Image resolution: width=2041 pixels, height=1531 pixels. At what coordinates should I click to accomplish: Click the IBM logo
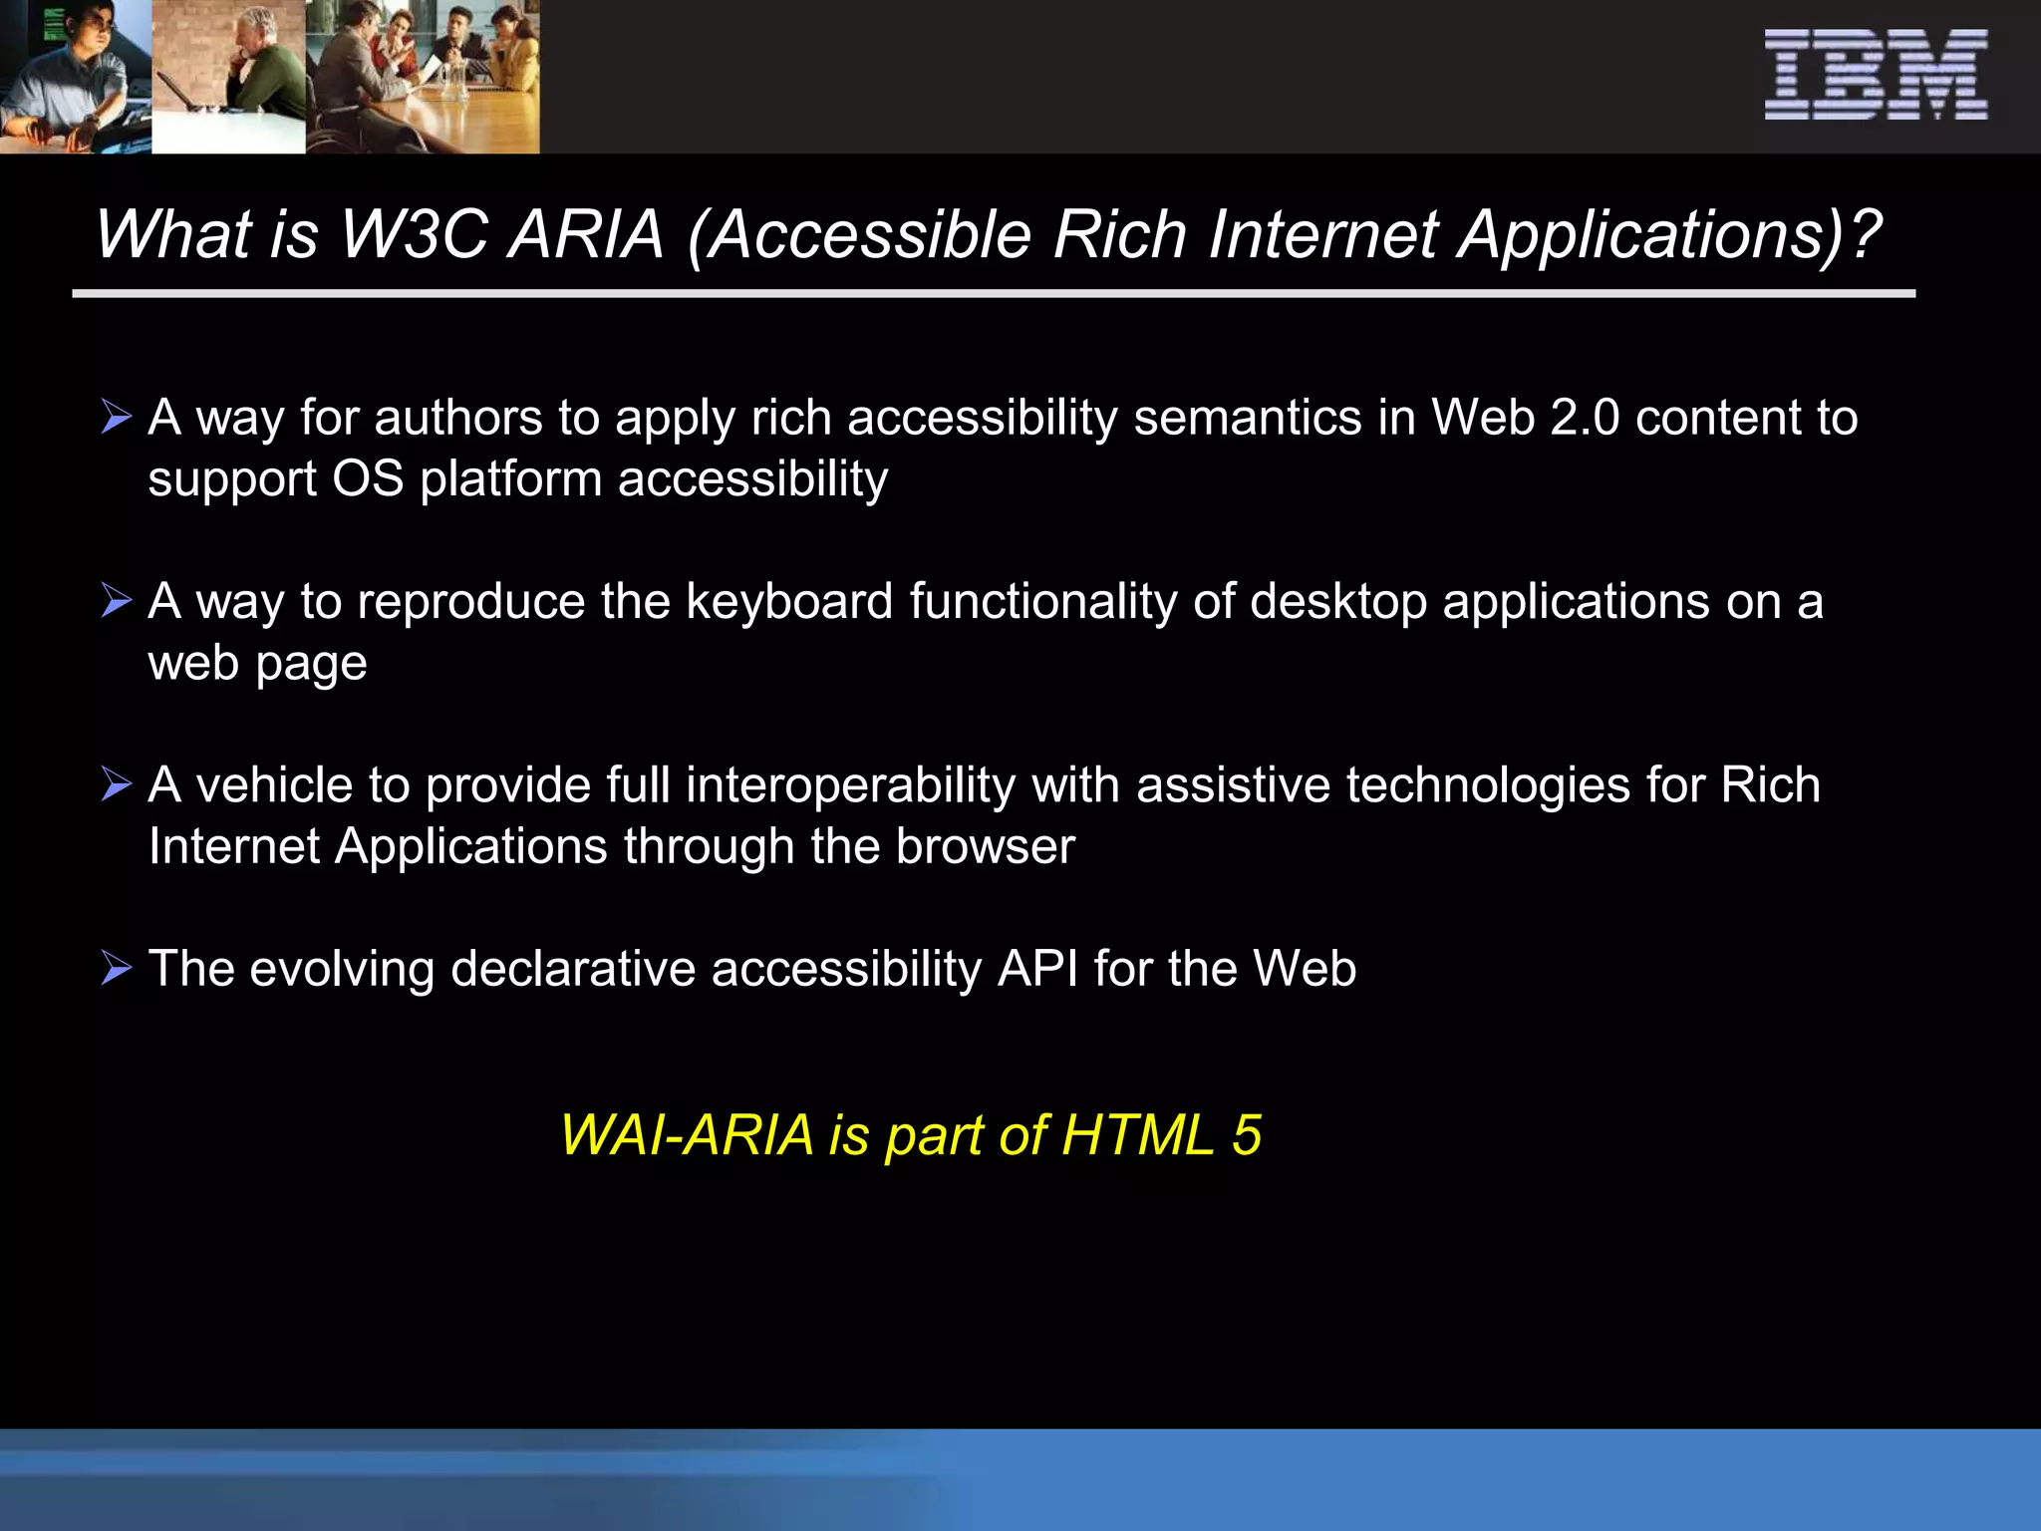1876,75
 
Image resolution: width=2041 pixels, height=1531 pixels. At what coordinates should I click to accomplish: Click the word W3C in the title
414,235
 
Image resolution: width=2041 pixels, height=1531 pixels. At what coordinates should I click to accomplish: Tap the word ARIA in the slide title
586,235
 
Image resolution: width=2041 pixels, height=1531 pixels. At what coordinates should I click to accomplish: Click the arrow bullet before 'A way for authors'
117,417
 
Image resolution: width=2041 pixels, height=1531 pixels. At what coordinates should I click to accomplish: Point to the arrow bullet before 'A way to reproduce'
117,601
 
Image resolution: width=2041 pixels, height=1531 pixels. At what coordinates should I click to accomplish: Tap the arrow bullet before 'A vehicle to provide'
117,784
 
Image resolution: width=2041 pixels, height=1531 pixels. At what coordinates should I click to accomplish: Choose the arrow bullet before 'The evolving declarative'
117,968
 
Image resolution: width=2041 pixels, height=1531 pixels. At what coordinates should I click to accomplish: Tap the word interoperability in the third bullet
850,785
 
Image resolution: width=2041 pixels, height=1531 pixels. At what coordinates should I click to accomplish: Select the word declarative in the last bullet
572,969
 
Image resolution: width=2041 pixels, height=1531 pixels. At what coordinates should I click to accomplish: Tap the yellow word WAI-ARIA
687,1135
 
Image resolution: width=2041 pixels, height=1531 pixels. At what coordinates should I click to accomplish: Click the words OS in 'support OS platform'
368,479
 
